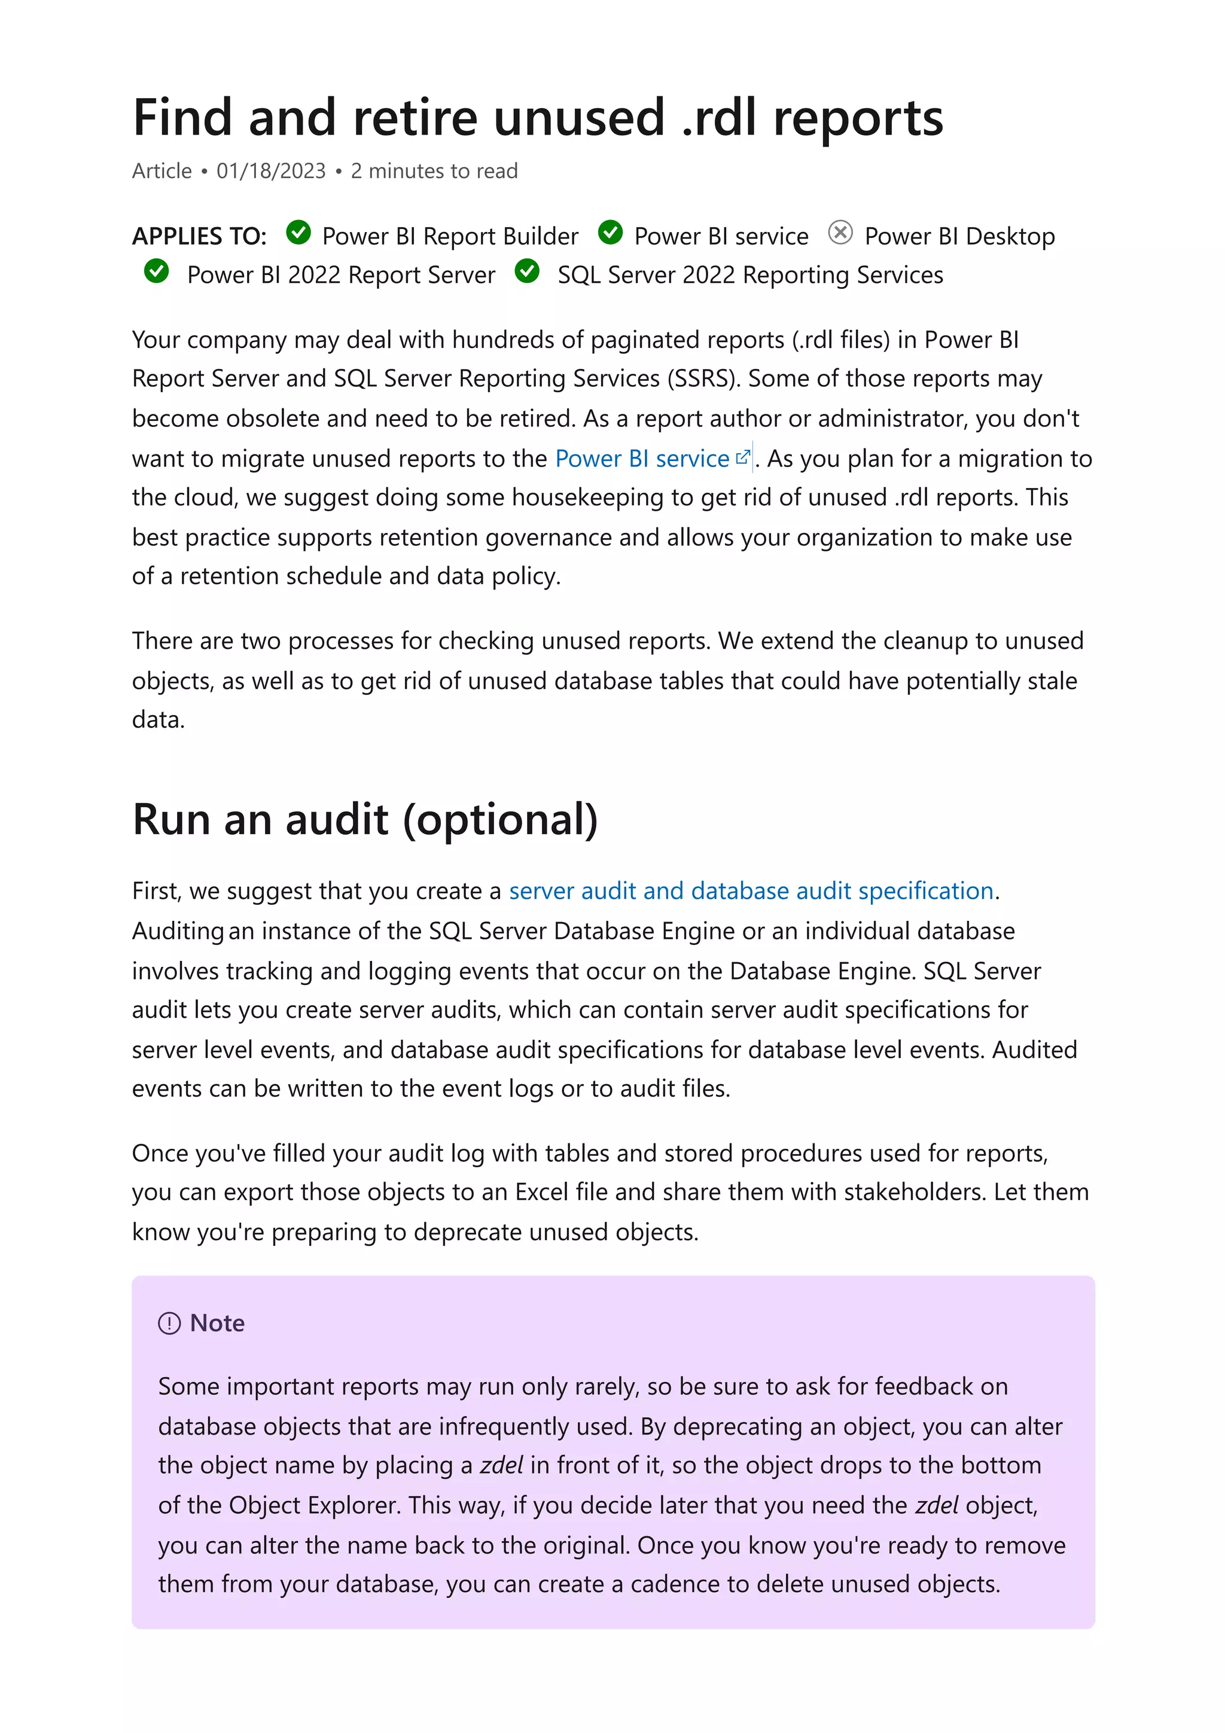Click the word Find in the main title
point(182,118)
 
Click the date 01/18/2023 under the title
point(271,172)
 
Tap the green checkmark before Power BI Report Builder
point(299,233)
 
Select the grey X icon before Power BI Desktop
point(840,233)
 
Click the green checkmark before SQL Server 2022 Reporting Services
point(527,271)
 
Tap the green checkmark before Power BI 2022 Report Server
point(156,271)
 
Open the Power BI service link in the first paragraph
point(642,459)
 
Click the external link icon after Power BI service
point(743,457)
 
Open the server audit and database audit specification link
point(751,892)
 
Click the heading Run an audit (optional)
point(365,820)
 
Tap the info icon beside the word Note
point(169,1324)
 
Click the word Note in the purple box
point(217,1324)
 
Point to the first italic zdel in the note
point(501,1466)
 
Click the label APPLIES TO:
point(199,237)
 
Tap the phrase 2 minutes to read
point(434,172)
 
